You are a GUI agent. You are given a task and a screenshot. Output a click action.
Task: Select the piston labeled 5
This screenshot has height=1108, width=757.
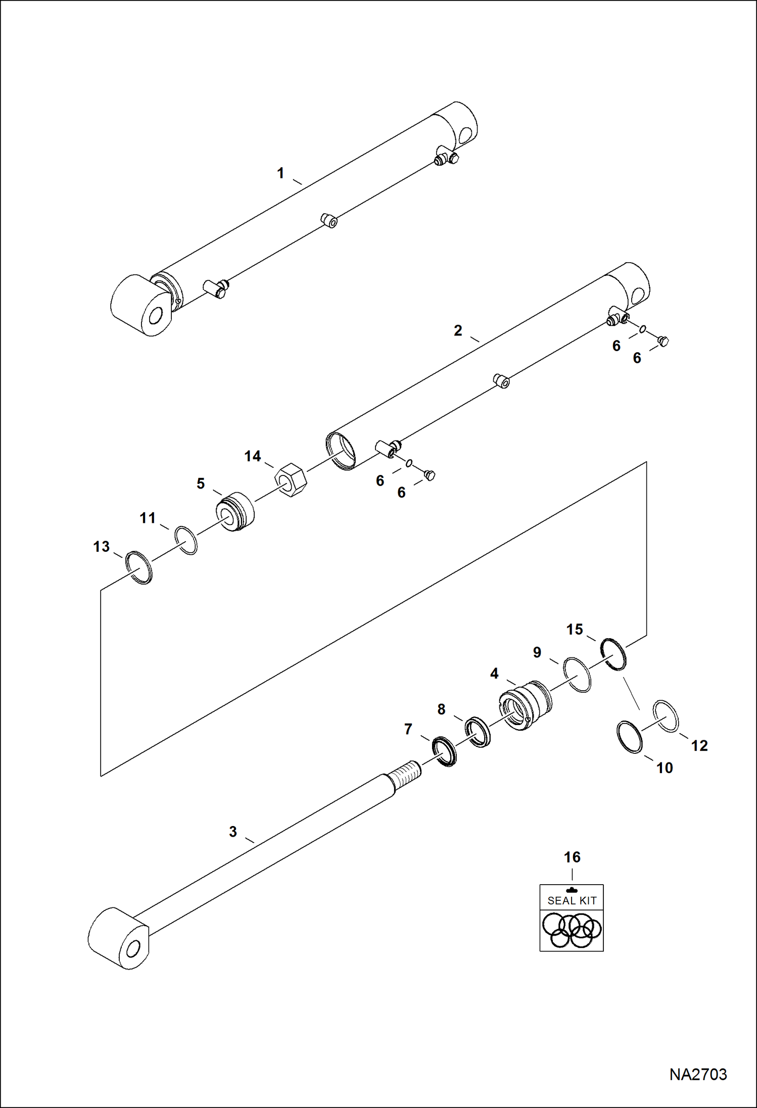point(235,512)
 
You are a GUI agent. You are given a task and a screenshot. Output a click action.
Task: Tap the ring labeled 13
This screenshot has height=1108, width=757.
point(139,567)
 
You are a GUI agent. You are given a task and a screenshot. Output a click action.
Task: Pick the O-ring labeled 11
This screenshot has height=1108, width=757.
point(186,541)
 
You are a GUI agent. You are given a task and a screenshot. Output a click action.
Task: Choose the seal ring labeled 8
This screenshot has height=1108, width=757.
point(478,732)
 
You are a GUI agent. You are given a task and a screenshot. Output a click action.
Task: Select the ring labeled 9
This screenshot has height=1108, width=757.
point(577,675)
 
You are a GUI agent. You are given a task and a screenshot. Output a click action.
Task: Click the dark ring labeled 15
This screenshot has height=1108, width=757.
point(613,654)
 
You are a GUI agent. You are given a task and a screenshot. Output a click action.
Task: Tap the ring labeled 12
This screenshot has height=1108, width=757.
point(666,715)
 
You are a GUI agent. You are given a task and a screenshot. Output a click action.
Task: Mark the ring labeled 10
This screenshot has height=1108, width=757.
point(630,737)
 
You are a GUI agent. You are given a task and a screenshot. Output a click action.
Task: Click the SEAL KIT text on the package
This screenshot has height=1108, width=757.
point(572,900)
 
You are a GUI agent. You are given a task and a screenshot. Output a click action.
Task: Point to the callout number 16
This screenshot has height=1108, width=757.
point(572,857)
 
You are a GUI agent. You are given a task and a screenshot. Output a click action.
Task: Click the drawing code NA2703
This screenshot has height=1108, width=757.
point(698,1074)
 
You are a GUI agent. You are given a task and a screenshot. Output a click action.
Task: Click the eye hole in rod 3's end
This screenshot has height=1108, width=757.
point(132,949)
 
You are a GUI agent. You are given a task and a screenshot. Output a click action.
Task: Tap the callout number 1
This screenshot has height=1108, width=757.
point(280,173)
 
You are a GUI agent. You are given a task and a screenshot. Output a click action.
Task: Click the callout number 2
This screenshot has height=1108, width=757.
point(458,330)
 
